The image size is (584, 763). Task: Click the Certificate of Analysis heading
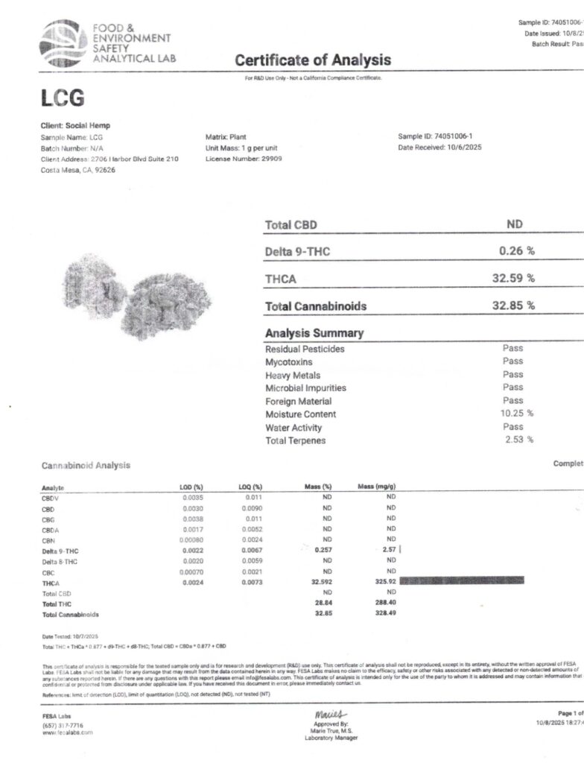point(312,60)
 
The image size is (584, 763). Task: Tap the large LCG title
point(63,98)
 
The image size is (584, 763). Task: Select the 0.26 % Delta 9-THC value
point(516,251)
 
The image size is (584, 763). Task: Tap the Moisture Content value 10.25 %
point(516,414)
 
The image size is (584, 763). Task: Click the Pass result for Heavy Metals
point(512,375)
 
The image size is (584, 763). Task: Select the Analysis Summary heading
point(314,333)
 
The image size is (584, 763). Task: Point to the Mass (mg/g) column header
point(376,487)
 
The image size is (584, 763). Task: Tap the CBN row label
point(49,539)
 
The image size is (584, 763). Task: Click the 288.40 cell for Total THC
point(385,604)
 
